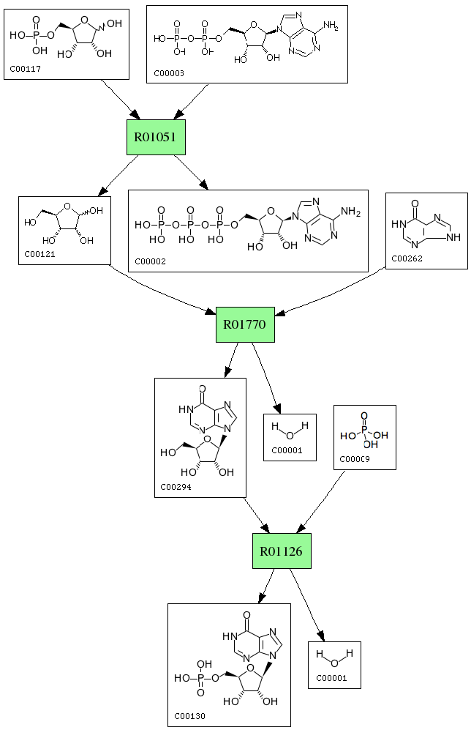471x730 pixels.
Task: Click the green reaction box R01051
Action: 155,137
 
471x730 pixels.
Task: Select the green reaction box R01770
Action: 245,324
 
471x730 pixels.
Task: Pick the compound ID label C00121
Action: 38,255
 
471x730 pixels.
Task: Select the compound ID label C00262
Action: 407,258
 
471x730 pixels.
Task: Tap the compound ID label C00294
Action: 176,487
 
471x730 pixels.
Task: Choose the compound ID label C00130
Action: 189,715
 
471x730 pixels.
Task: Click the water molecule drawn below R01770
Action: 290,428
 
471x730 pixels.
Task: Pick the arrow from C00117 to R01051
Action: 121,99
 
